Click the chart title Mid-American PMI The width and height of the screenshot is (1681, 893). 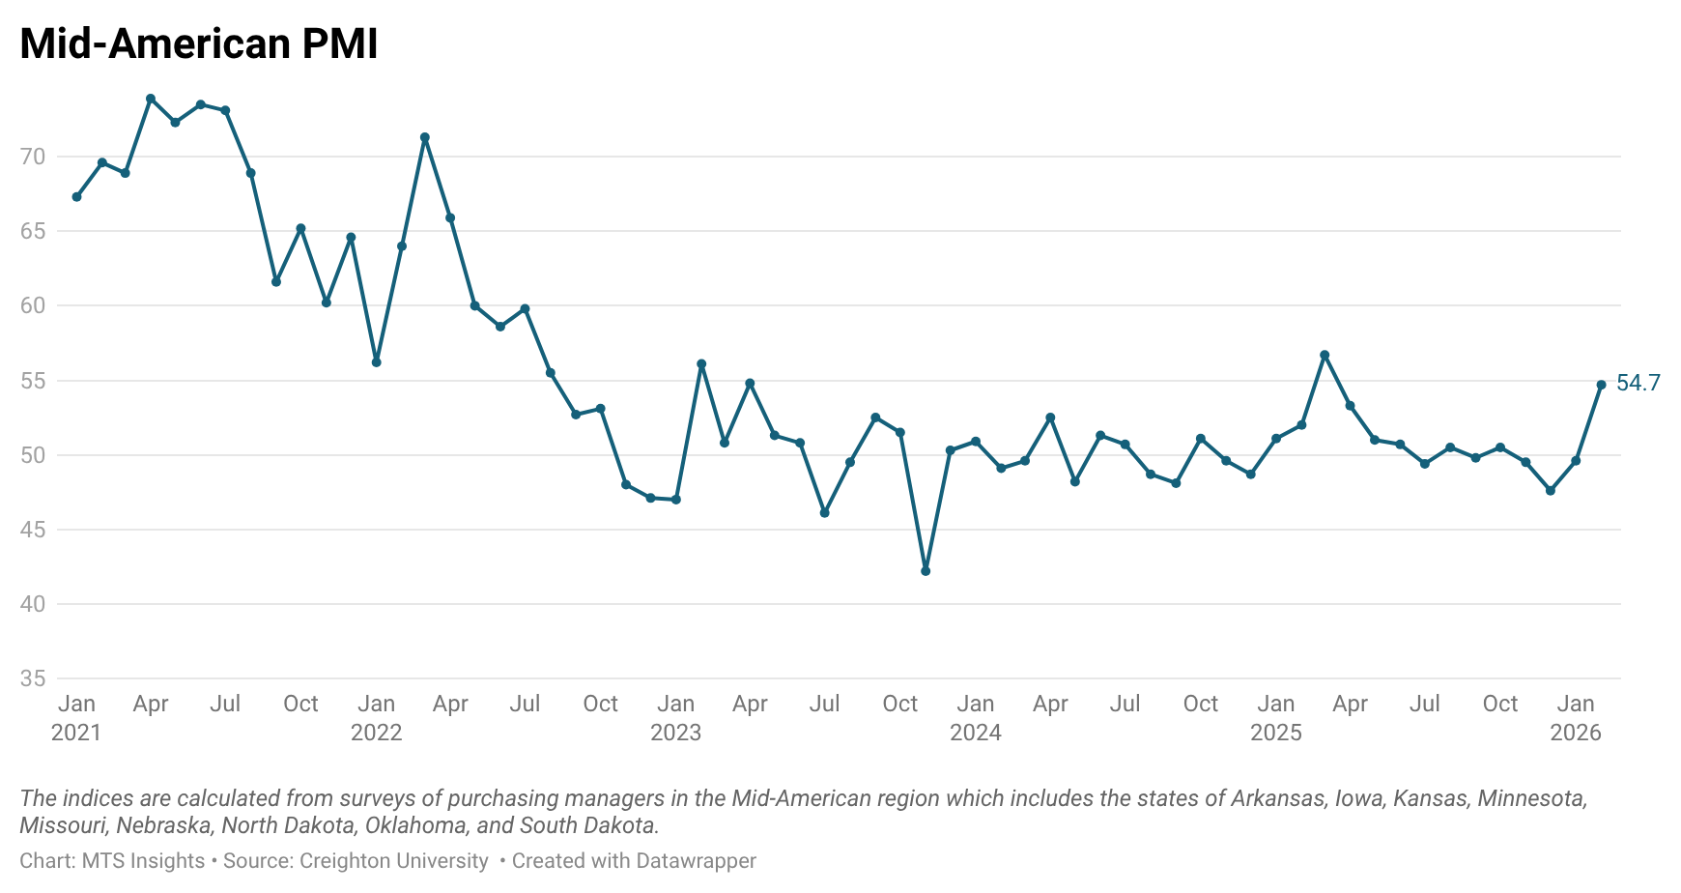click(199, 44)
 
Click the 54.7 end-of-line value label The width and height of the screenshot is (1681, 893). click(1638, 384)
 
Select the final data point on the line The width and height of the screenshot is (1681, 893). click(1601, 385)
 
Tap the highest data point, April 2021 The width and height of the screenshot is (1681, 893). click(151, 99)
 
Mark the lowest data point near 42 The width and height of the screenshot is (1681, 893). click(926, 571)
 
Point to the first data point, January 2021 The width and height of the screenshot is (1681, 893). click(76, 197)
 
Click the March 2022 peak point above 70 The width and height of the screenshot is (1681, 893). click(425, 137)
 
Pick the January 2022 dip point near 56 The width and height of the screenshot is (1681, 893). click(376, 362)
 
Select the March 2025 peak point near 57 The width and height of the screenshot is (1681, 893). click(1325, 355)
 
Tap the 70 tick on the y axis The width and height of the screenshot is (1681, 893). click(33, 157)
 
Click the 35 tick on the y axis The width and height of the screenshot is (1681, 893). click(33, 678)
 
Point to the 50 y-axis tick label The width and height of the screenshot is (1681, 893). click(33, 455)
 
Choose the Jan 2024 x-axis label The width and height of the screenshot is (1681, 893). click(976, 718)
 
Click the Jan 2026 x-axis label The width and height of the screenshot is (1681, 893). click(1576, 718)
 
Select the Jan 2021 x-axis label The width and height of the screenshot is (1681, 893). click(76, 718)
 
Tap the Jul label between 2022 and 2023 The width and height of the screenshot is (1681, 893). click(525, 704)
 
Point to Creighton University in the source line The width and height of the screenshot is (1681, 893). click(394, 861)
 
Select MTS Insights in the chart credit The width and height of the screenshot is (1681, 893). click(143, 861)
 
